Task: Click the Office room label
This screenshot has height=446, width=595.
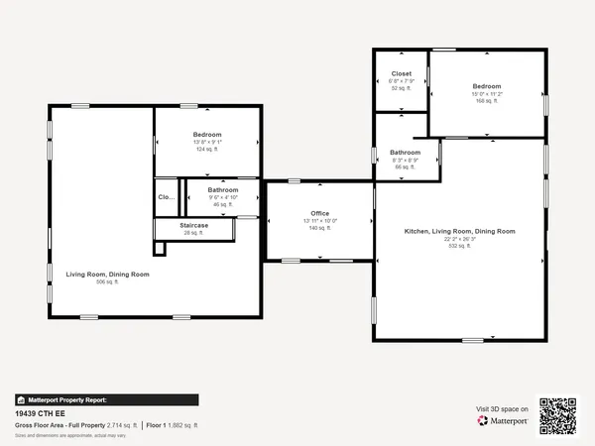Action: pos(319,213)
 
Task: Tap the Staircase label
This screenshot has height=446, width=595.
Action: pos(194,225)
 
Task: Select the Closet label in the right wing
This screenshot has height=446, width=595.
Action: pos(402,73)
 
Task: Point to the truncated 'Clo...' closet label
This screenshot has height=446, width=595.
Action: pos(167,197)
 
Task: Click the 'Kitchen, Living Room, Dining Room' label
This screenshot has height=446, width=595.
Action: pos(459,231)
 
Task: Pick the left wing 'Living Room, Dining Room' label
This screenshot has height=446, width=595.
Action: pos(108,274)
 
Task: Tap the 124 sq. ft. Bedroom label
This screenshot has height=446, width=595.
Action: pos(207,134)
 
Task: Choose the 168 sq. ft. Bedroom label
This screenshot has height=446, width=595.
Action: pos(486,86)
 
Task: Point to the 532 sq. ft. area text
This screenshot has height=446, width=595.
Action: pos(459,245)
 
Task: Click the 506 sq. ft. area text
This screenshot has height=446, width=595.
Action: pos(107,282)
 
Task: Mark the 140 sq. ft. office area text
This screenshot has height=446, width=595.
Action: pos(319,228)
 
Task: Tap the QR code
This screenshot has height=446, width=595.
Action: pos(557,414)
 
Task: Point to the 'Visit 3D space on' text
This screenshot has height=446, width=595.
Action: pos(502,407)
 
